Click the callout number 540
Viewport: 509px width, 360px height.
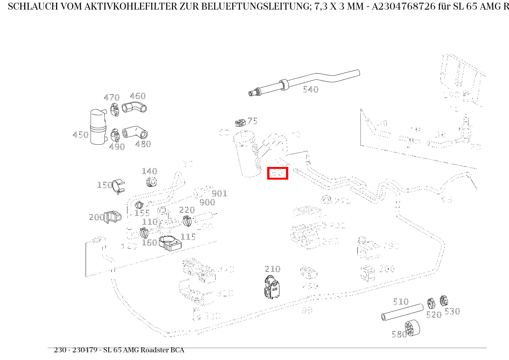[311, 90]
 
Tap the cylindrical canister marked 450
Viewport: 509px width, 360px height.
[98, 127]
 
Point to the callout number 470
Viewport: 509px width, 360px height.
[111, 98]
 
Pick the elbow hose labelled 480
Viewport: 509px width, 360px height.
[135, 132]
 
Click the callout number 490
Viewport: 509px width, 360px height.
[117, 147]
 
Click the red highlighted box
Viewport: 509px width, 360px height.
[278, 173]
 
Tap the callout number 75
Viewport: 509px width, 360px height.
[252, 121]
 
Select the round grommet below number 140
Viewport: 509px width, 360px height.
[152, 182]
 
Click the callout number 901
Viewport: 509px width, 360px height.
[220, 193]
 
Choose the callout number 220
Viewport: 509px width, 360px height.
[187, 210]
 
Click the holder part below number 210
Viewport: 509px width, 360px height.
[272, 287]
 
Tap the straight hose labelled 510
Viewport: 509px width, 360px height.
[402, 312]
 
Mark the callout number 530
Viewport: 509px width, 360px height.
[452, 312]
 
